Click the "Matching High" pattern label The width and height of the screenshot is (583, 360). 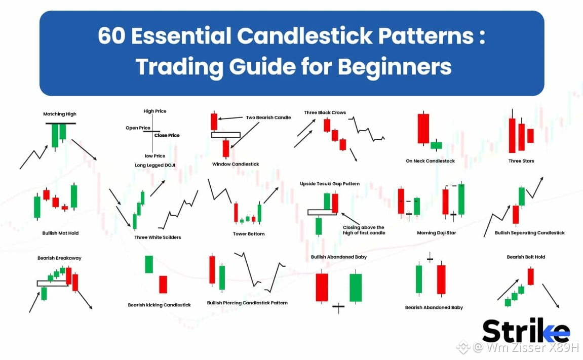[x=59, y=114]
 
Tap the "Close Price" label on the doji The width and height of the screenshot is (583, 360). [x=167, y=135]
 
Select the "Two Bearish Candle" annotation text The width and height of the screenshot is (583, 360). [x=268, y=117]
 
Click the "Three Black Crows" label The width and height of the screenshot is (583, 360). [x=325, y=112]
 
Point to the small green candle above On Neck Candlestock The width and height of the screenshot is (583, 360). [x=436, y=145]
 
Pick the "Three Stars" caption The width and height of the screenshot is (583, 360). [x=521, y=161]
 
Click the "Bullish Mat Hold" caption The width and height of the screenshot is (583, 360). [x=60, y=233]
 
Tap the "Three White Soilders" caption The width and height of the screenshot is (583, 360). [x=158, y=237]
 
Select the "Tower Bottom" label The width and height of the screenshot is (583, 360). [x=249, y=234]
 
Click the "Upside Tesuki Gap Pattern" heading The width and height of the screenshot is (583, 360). [x=330, y=183]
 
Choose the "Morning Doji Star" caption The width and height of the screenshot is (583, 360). [x=437, y=233]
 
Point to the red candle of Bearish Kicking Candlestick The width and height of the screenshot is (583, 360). [x=163, y=285]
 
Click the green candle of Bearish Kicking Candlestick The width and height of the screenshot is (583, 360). [x=149, y=264]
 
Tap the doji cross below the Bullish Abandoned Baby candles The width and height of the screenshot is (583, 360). [x=338, y=306]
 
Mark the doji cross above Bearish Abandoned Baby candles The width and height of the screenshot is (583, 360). [x=430, y=258]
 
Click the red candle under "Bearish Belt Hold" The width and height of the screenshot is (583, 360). [x=530, y=276]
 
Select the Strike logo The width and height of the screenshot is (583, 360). [x=526, y=330]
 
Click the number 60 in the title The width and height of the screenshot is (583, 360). [x=111, y=36]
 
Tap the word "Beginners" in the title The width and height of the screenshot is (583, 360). [x=395, y=67]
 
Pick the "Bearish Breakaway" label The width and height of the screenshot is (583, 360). [x=59, y=258]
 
